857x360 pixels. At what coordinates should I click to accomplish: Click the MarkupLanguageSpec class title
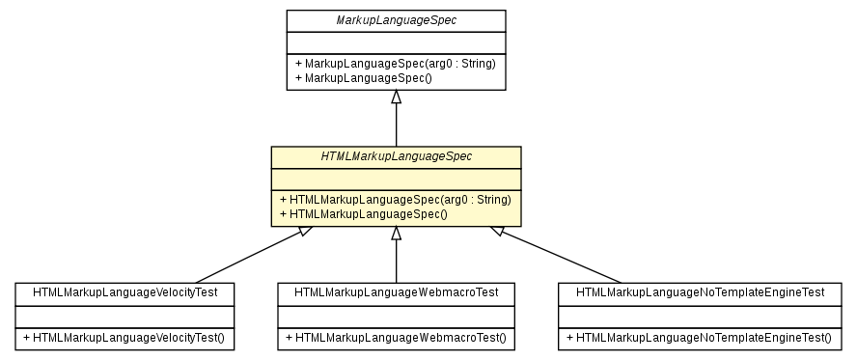[x=396, y=20]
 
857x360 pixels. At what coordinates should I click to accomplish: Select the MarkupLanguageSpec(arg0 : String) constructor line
[x=396, y=64]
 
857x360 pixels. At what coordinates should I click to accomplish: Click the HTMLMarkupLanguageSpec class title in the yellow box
[x=396, y=156]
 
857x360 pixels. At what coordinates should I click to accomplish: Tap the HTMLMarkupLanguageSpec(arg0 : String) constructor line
[x=395, y=200]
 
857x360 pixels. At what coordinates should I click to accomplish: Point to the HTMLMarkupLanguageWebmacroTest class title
[x=396, y=291]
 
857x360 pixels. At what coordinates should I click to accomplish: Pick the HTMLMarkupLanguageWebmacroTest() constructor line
[x=396, y=338]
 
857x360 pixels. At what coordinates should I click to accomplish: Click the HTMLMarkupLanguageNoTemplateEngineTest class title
[x=700, y=291]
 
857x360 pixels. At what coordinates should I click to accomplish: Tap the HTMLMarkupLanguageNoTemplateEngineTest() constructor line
[x=699, y=338]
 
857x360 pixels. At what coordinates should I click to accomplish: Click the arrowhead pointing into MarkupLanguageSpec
[x=396, y=97]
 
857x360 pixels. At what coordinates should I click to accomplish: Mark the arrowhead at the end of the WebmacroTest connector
[x=396, y=234]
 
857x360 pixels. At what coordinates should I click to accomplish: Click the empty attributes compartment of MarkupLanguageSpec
[x=396, y=42]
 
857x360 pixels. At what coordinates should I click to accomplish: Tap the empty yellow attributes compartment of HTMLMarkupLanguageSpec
[x=396, y=179]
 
